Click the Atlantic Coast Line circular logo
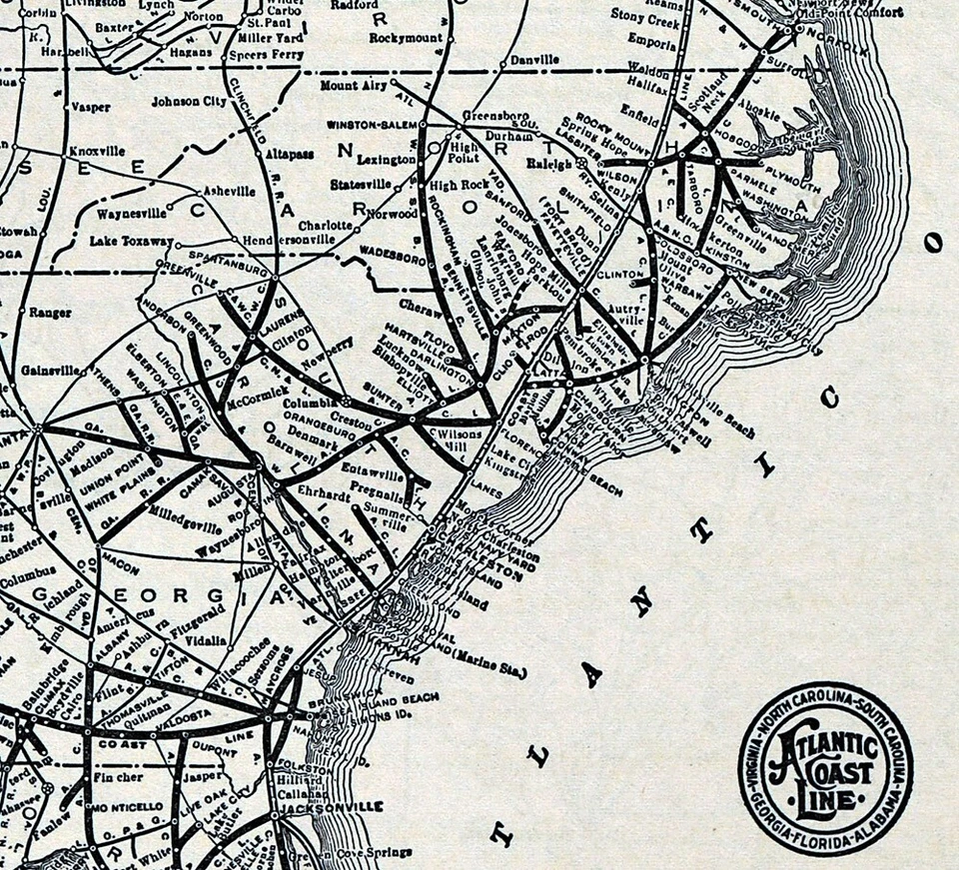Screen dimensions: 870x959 [x=825, y=765]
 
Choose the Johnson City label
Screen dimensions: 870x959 [x=188, y=101]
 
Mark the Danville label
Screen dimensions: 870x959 [x=534, y=59]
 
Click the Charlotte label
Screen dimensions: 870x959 [x=325, y=225]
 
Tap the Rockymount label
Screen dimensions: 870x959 [x=405, y=37]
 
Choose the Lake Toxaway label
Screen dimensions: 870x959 [x=131, y=241]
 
